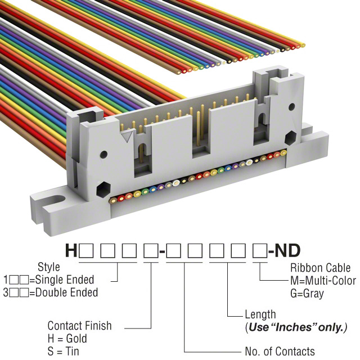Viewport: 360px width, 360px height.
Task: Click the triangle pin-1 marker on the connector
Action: point(127,137)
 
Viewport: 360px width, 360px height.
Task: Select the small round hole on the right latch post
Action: point(291,106)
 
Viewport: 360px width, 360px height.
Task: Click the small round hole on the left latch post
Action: point(103,154)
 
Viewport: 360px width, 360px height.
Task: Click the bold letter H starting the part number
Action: point(71,250)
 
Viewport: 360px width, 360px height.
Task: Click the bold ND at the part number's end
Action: point(287,250)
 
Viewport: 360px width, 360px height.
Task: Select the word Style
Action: point(49,267)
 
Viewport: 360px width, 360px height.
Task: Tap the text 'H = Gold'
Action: point(67,339)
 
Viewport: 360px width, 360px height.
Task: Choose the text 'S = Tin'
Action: point(63,351)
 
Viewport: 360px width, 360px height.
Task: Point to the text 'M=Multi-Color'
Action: point(323,281)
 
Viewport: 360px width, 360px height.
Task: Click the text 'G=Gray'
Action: point(307,294)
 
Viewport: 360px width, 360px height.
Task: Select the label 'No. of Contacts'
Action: point(280,351)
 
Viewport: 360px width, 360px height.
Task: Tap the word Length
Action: point(260,314)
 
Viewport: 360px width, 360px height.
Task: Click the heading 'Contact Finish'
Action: point(79,326)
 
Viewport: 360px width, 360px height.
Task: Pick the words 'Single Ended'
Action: point(65,280)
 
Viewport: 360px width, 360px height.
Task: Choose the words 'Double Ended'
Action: point(66,292)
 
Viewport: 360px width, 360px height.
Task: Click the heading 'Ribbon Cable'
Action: point(320,268)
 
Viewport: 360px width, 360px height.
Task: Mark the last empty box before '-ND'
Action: point(260,251)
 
